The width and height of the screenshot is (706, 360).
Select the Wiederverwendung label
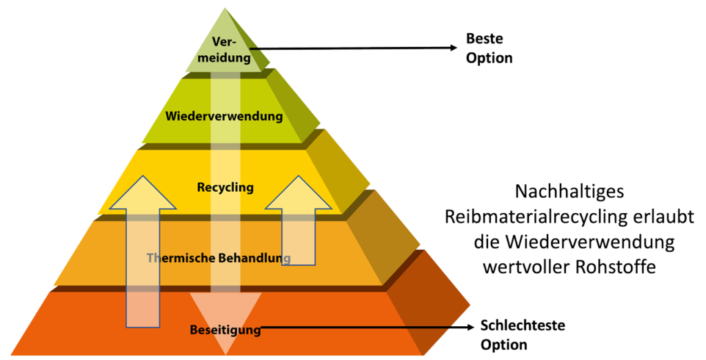tap(224, 116)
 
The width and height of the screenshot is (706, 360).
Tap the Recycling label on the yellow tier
tap(225, 187)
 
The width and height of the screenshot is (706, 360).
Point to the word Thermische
tap(178, 258)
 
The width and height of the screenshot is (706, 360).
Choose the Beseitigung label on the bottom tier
tap(225, 330)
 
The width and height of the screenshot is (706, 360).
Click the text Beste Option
tap(489, 48)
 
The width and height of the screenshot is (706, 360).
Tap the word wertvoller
tap(532, 268)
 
